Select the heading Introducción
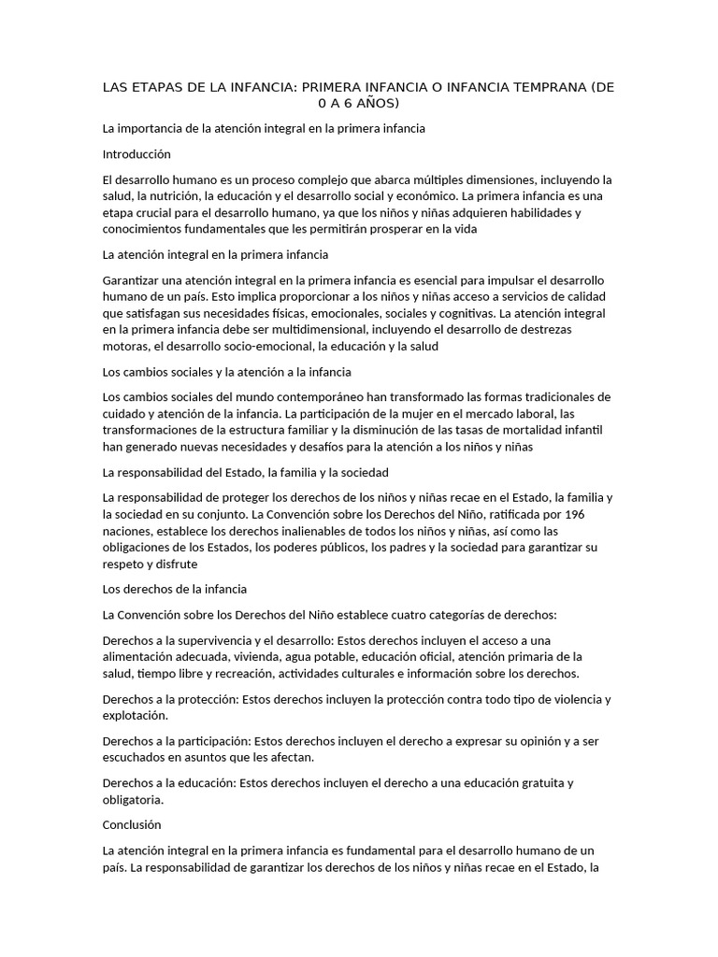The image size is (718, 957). pos(136,153)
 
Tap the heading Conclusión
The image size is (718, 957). pos(132,824)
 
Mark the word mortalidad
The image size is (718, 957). pos(532,430)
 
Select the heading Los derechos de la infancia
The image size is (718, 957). pos(175,589)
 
